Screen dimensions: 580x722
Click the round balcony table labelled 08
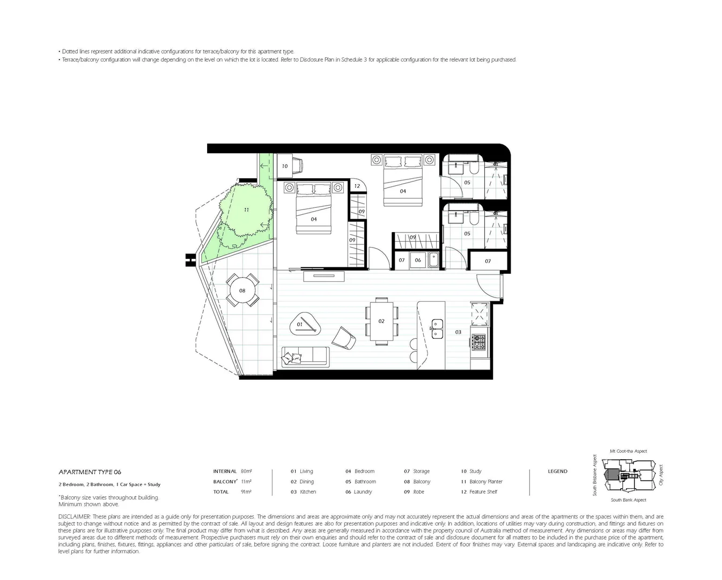tap(242, 291)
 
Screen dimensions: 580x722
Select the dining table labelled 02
tap(381, 321)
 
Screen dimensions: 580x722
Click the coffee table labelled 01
tap(303, 324)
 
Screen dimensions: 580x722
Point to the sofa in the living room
tap(305, 357)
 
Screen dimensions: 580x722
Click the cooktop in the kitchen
tap(478, 342)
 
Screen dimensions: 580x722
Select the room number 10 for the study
tap(285, 166)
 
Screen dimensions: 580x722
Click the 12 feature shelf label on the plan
tap(357, 186)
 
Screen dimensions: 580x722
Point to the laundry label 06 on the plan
tap(418, 260)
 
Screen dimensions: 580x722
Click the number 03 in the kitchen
tap(458, 332)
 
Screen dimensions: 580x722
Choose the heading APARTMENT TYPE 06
tap(90, 472)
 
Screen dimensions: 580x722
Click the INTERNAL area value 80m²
tap(246, 472)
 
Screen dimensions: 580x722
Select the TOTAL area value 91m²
tap(246, 492)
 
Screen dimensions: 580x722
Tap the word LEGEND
tap(557, 472)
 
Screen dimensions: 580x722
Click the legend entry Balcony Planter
tap(485, 482)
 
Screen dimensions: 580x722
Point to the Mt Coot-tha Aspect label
tap(628, 451)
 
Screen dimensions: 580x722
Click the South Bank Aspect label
tap(628, 500)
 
